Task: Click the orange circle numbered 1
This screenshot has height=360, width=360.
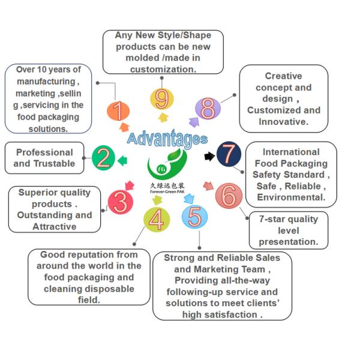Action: tap(118, 110)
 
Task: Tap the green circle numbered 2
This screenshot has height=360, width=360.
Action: tap(104, 158)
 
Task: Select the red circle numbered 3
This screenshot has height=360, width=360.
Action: tap(120, 203)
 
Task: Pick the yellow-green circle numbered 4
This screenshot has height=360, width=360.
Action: tap(157, 220)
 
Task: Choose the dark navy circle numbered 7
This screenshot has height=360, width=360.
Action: tap(229, 154)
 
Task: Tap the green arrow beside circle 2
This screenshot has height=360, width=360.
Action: tap(122, 160)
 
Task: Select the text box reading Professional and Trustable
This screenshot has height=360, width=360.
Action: tap(45, 158)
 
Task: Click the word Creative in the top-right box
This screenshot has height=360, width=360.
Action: tap(283, 76)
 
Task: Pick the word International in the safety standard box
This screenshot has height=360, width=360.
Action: tap(290, 152)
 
